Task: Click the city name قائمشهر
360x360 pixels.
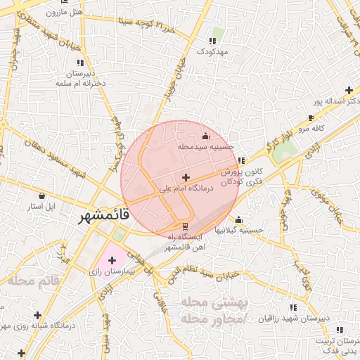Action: (104, 216)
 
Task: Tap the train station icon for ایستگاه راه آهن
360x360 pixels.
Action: (185, 226)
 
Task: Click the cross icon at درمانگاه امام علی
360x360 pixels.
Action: (185, 177)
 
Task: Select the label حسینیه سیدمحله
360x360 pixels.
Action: (205, 147)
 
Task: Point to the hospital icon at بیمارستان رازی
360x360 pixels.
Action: (111, 261)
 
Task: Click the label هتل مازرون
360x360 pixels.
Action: (64, 13)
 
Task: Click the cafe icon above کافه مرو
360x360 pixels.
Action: (311, 117)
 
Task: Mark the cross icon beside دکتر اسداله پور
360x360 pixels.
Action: (349, 90)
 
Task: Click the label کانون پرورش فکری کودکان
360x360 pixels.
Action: (241, 176)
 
